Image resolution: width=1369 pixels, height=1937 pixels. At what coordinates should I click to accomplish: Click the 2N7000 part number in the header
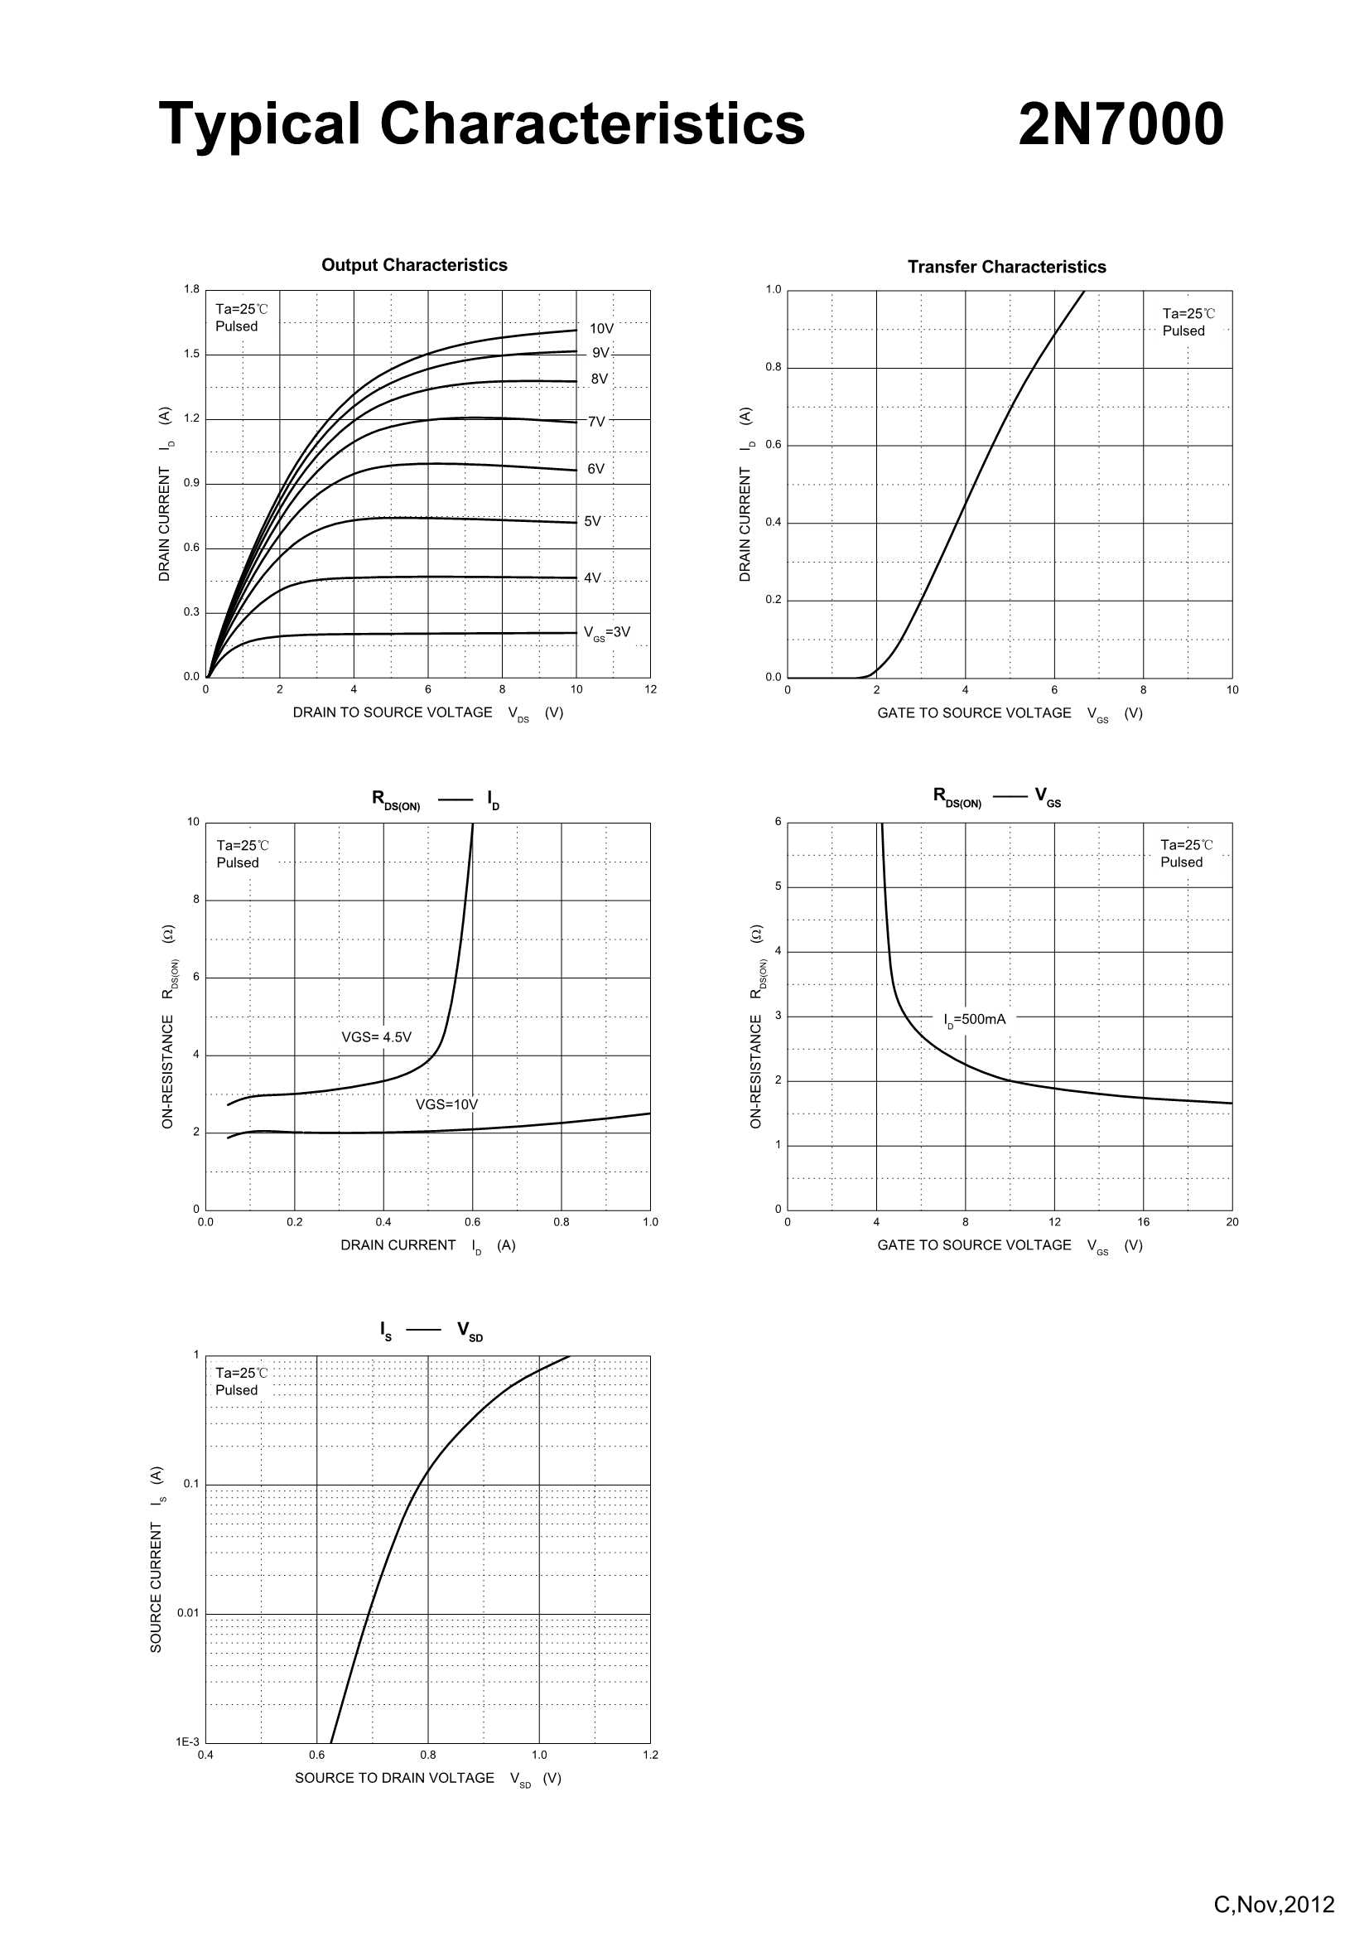1121,124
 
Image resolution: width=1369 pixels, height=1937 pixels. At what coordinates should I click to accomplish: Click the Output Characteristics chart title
414,265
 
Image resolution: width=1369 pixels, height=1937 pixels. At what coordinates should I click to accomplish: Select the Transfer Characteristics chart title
1006,267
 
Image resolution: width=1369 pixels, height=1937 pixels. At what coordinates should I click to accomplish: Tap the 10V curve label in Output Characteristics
601,328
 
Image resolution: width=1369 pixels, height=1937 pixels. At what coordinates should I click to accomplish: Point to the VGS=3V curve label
606,632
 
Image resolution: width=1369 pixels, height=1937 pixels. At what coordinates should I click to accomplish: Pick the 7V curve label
596,421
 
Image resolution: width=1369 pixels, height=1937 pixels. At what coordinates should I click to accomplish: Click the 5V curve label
593,521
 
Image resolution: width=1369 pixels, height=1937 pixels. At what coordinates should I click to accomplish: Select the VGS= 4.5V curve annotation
376,1036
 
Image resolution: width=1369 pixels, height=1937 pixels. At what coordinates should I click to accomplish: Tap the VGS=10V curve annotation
446,1104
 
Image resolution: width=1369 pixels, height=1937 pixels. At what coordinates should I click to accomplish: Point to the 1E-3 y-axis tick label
187,1741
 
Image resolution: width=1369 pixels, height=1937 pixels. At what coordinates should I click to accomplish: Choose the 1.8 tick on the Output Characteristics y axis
192,289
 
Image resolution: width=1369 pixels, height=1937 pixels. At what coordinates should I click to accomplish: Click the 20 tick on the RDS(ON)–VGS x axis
1232,1221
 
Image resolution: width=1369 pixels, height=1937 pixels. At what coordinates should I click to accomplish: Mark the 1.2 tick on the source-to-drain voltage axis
650,1755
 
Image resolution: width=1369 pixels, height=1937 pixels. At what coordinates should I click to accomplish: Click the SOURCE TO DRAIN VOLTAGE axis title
394,1778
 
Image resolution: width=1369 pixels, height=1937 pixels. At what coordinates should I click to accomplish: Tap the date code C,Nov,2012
1274,1904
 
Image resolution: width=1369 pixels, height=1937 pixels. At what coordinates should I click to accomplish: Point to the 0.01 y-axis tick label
188,1613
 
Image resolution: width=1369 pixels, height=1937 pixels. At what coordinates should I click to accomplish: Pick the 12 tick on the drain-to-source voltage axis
650,689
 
